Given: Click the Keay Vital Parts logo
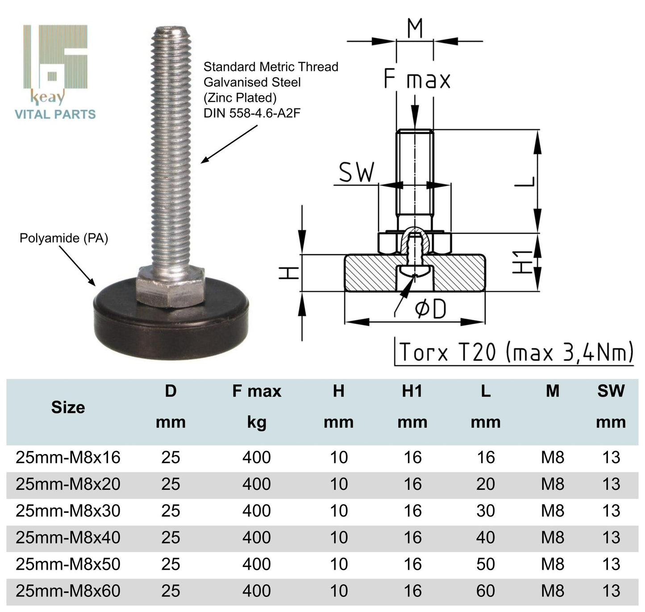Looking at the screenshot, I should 55,71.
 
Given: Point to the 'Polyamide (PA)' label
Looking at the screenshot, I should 64,238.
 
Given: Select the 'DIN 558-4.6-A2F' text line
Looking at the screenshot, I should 252,113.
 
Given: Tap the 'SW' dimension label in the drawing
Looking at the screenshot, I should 356,172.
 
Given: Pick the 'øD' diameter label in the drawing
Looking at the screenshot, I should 430,309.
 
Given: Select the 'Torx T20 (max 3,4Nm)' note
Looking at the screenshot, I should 516,352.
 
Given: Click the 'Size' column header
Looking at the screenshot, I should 68,407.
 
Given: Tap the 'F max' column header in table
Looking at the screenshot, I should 257,391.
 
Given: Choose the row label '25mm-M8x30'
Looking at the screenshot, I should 68,511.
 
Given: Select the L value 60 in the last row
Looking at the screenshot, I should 485,591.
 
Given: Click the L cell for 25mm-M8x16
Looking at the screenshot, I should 485,457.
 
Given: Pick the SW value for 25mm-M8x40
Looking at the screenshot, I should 611,538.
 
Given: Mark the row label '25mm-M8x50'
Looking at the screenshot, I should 68,564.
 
